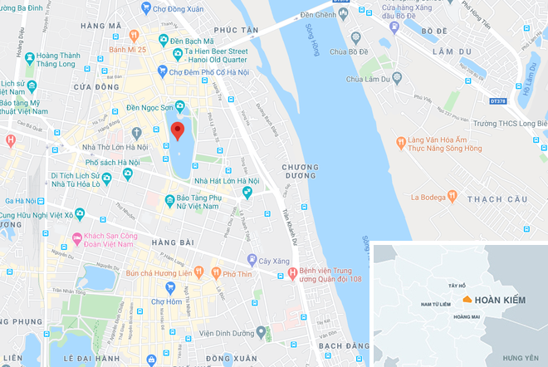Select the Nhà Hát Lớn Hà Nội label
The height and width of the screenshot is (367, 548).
225,181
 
